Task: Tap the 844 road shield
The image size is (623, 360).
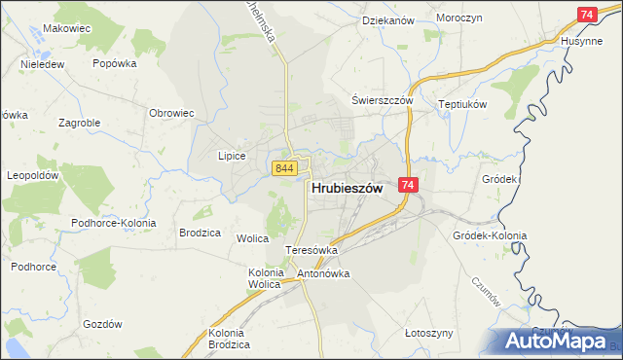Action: [284, 168]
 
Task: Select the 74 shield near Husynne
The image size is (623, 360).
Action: [586, 15]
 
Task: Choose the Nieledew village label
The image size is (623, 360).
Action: [42, 65]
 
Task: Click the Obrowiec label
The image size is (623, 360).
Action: [171, 113]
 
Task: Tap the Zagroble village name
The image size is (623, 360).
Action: [81, 124]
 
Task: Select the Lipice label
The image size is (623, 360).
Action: [231, 156]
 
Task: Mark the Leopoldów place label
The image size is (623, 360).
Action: [34, 176]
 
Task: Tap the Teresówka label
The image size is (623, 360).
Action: [311, 250]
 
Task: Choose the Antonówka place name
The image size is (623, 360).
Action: [323, 273]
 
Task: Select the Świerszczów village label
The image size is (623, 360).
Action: [383, 101]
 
